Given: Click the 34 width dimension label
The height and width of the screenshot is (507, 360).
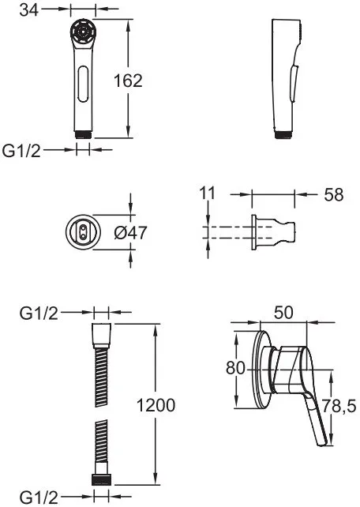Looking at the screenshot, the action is [28, 9].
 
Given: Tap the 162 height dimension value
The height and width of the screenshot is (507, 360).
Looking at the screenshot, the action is [128, 81].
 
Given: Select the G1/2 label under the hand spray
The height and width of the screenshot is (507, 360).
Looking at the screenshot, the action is [21, 150].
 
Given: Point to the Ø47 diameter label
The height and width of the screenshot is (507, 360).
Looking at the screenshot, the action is [130, 232].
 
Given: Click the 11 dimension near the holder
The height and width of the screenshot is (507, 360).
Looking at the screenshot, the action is [207, 193].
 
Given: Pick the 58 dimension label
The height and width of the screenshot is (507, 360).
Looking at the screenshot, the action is [334, 194].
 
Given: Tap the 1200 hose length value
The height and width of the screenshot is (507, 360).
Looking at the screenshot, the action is [156, 405].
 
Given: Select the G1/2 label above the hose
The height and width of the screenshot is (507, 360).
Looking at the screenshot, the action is [39, 313].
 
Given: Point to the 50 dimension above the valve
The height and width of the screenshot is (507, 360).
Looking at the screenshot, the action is [283, 313].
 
